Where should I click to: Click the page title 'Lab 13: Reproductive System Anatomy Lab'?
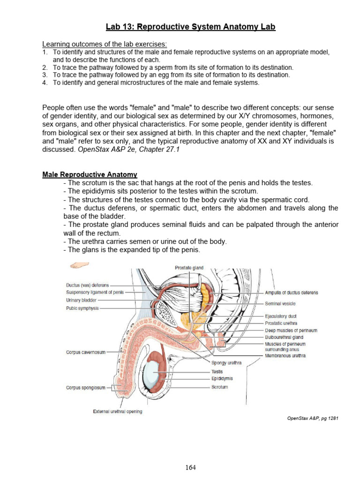point(190,27)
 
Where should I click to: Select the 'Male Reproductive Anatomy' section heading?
point(90,174)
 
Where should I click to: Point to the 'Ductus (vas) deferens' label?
point(88,285)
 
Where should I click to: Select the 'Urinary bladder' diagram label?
point(82,300)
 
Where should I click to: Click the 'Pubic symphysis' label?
point(82,308)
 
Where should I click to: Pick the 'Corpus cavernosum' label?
point(86,352)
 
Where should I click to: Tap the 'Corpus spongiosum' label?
point(86,388)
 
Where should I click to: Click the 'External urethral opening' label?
point(118,412)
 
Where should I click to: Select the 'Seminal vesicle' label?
point(280,304)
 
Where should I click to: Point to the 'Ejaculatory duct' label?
point(281,316)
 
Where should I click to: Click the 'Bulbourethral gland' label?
point(284,337)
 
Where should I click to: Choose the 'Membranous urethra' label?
point(285,356)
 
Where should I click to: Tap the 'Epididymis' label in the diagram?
point(222,378)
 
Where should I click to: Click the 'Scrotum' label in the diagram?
point(219,387)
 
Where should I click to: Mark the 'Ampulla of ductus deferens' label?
point(291,292)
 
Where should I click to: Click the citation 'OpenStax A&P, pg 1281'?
point(313,418)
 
